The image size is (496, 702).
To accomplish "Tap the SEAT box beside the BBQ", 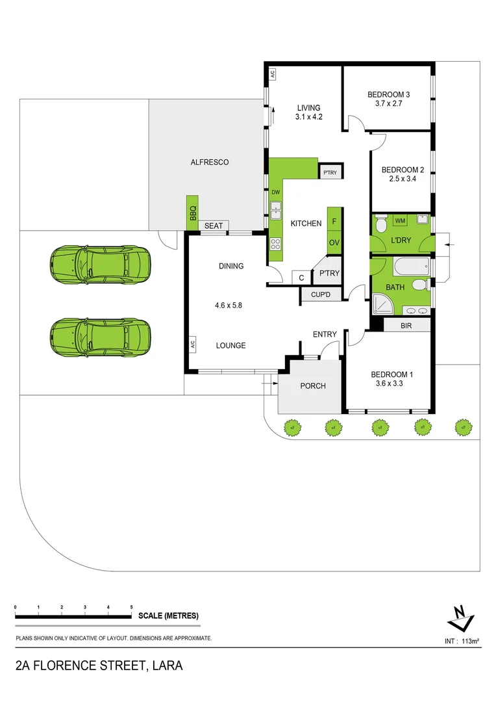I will point(214,226).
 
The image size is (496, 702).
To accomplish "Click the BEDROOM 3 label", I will point(388,94).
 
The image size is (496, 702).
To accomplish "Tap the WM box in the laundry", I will point(401,221).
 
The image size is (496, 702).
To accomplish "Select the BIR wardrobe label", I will point(406,324).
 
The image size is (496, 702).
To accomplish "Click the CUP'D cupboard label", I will point(321,296).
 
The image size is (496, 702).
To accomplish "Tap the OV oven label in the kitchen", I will point(334,242).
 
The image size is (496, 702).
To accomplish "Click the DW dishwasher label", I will point(275,192).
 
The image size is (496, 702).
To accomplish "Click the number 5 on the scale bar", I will point(132,606).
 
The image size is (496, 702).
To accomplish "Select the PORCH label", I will point(312,385).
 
